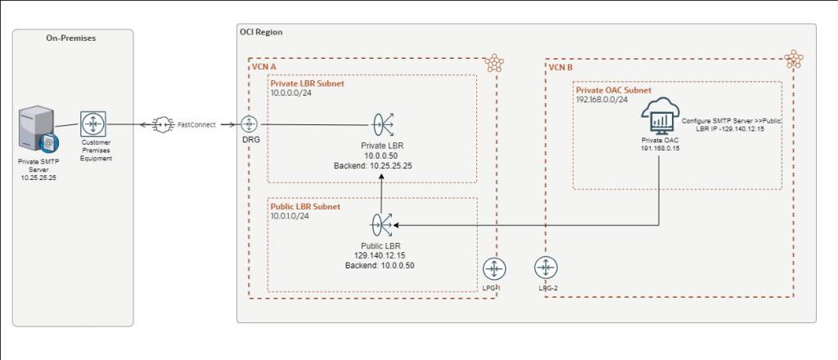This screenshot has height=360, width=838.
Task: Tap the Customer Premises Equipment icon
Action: coord(92,125)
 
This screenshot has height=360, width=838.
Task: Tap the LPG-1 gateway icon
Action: coord(493,268)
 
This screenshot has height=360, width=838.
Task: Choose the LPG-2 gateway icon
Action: coord(546,268)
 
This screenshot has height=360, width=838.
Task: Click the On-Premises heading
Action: coord(72,38)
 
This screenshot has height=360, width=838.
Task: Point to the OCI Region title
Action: coord(260,33)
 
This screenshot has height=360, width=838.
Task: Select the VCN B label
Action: coord(561,67)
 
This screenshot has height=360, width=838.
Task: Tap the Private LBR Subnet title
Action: coord(307,83)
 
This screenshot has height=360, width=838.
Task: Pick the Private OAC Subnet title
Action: coord(614,90)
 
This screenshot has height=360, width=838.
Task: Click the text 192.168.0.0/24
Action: coord(601,99)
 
